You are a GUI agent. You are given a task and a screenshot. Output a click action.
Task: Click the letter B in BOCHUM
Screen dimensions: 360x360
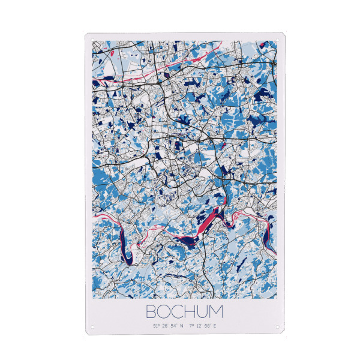151,311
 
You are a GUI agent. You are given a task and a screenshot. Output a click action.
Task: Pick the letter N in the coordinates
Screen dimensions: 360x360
181,326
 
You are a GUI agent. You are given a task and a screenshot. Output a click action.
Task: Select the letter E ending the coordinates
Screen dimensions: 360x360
214,326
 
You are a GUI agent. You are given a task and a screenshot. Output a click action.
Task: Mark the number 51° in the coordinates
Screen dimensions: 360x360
156,326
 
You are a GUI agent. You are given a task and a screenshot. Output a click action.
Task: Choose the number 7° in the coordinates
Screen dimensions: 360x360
191,326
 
